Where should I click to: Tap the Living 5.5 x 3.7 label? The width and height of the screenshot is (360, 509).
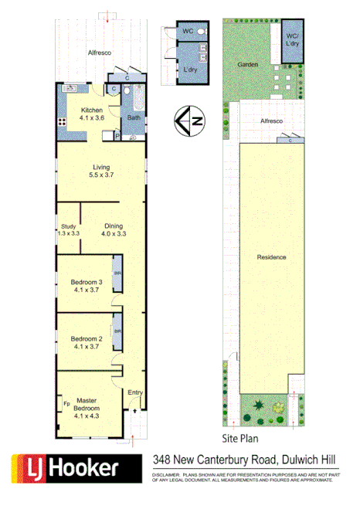coord(101,171)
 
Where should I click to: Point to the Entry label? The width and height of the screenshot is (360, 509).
coord(135,393)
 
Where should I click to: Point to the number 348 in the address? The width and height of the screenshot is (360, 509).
coord(162,460)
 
